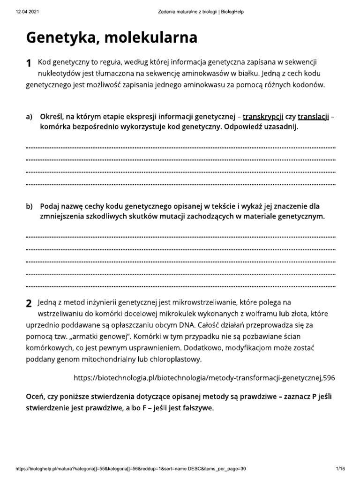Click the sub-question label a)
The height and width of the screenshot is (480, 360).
point(29,117)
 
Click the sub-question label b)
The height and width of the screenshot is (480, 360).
point(29,206)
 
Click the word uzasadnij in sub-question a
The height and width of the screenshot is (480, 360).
point(279,127)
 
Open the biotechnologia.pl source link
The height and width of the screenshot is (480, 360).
point(205,377)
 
